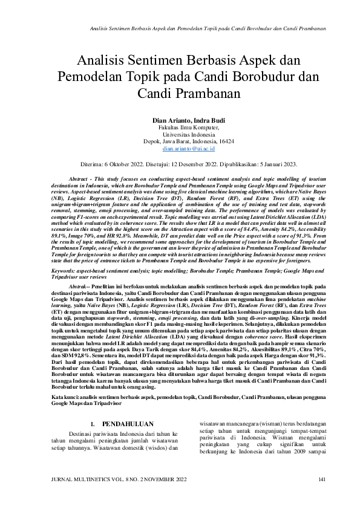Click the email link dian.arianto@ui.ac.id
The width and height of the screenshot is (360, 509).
pos(180,148)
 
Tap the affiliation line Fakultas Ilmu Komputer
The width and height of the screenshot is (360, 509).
pos(180,128)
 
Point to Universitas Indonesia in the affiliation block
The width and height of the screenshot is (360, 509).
pos(180,135)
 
